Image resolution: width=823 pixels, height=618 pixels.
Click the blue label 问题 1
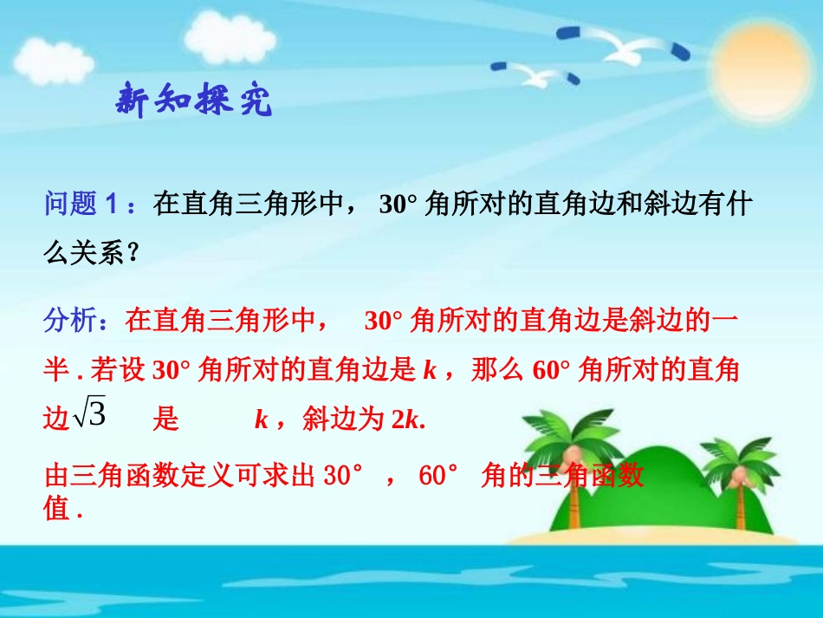point(85,205)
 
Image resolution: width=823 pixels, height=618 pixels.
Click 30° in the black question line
point(398,205)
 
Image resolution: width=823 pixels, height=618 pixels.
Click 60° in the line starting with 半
point(546,371)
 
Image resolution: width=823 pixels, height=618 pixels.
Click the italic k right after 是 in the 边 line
point(262,420)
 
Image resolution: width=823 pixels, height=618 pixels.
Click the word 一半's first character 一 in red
point(724,321)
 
